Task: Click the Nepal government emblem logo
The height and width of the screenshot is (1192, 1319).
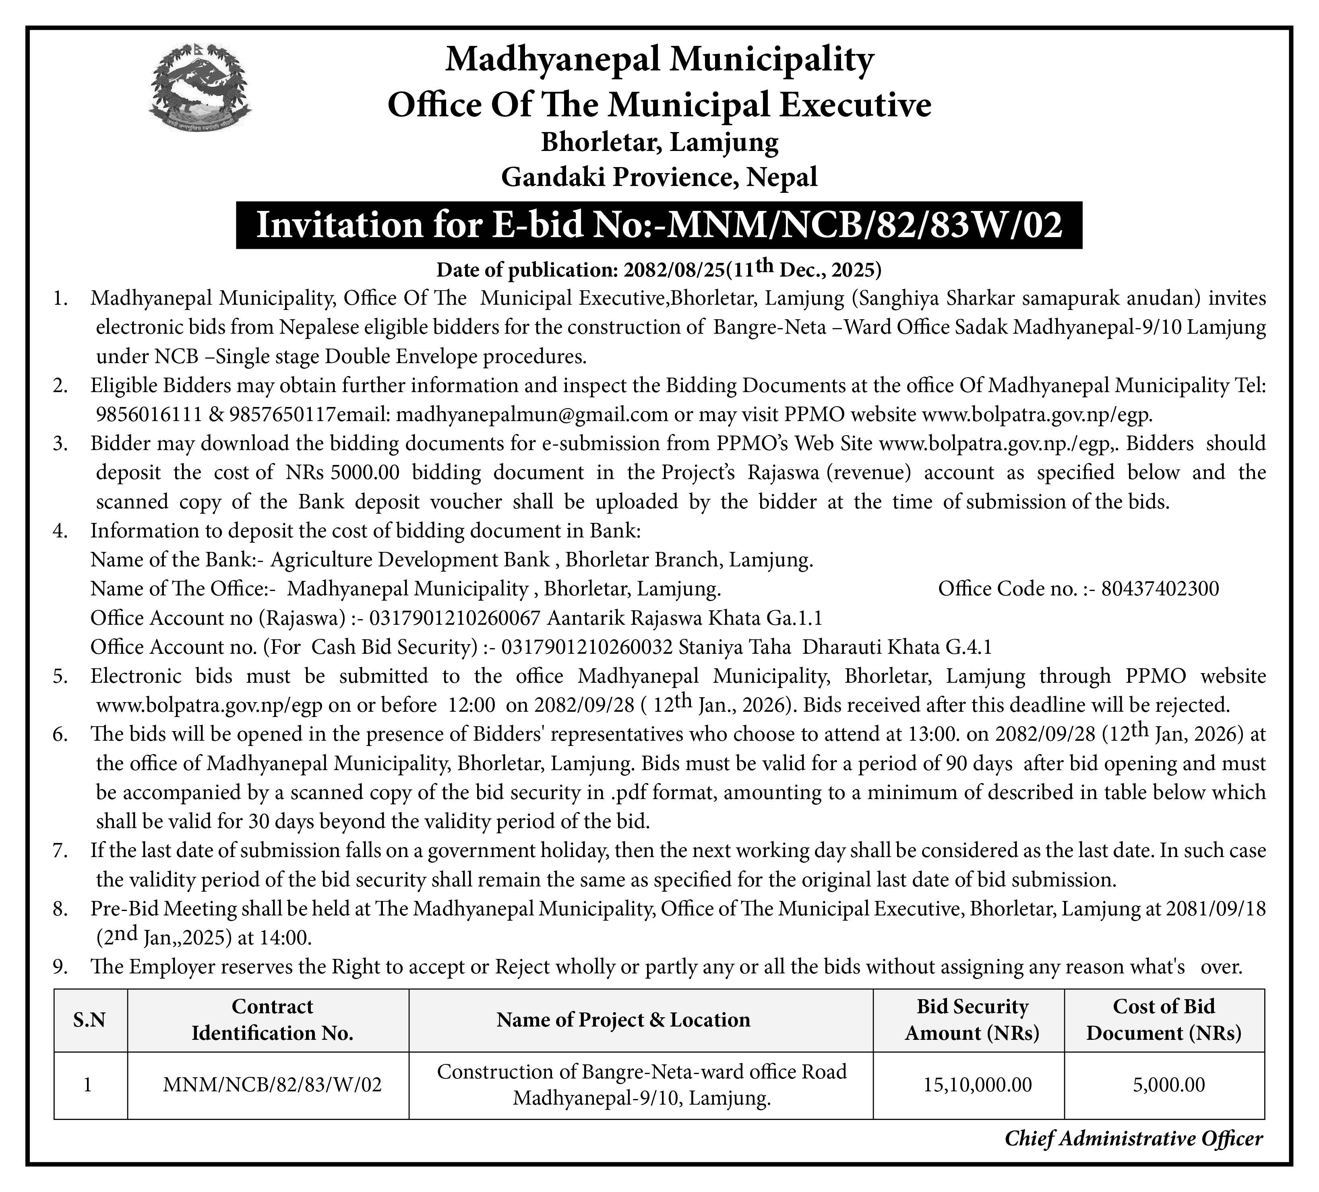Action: tap(200, 89)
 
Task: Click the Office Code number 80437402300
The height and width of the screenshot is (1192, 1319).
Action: tap(1160, 589)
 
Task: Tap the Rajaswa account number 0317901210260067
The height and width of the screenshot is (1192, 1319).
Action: tap(455, 618)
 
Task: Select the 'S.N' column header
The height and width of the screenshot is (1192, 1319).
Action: tap(90, 1020)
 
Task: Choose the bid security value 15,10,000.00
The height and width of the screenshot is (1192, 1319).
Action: tap(978, 1085)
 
